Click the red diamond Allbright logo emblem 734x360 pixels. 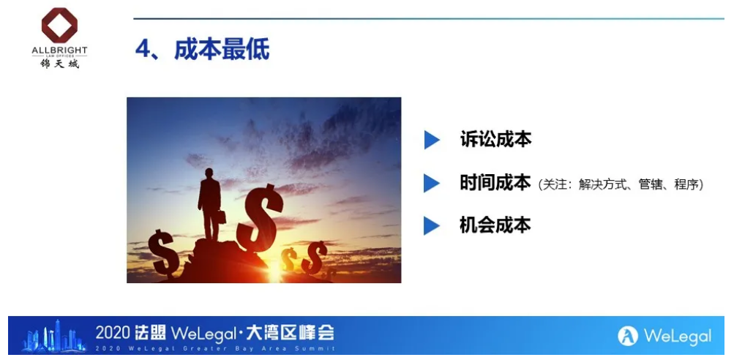point(59,25)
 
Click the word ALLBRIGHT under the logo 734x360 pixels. point(59,50)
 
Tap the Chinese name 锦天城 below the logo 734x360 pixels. point(59,63)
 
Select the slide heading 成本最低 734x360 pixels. point(222,49)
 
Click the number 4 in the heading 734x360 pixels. point(142,49)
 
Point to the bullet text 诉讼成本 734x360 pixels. point(495,140)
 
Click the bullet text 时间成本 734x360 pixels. point(495,183)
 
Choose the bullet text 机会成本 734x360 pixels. point(495,225)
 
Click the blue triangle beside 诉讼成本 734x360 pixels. point(432,140)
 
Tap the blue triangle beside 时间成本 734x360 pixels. point(432,183)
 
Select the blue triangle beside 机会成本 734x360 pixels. point(432,225)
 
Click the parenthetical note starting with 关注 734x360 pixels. point(621,184)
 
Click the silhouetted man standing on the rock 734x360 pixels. point(210,203)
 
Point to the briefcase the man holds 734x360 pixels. point(221,217)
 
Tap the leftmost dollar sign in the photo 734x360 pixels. point(163,252)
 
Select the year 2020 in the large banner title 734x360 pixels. point(113,333)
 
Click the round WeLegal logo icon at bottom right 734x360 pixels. point(628,336)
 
